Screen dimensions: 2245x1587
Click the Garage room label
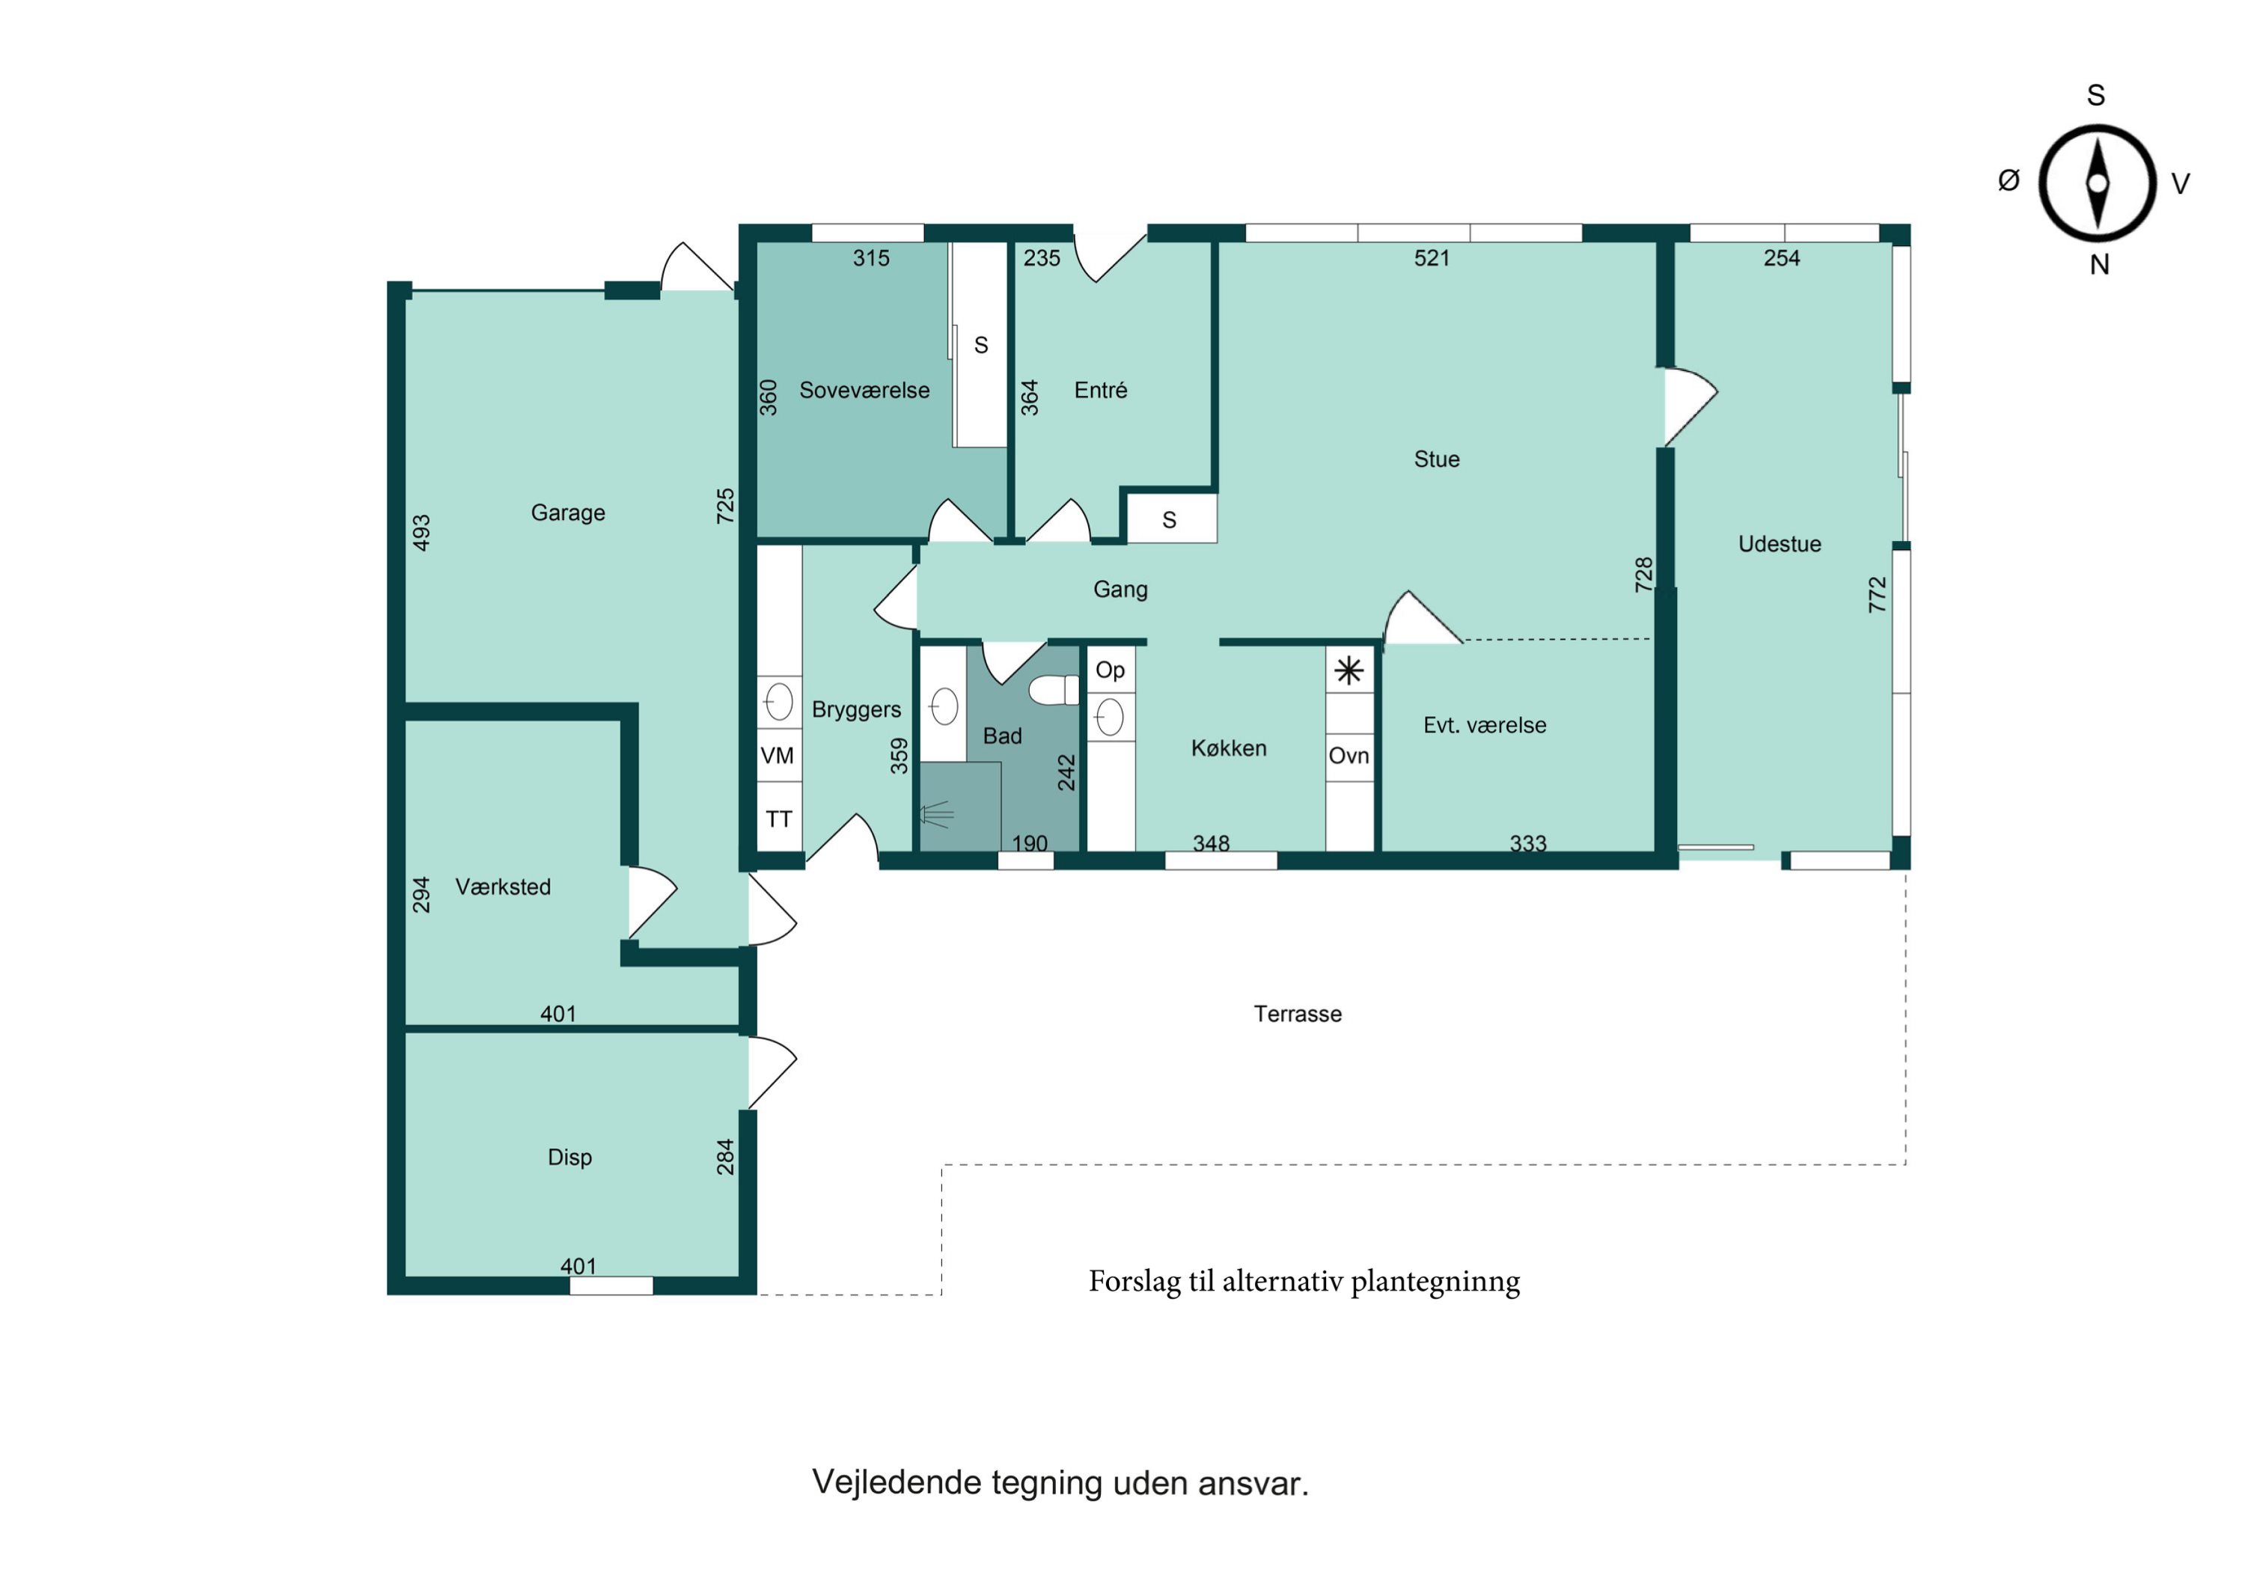(568, 513)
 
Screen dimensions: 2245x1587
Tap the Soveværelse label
(864, 390)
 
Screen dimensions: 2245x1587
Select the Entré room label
(1101, 390)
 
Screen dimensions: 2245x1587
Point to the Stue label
(1436, 459)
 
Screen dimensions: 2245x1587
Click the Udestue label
(1780, 544)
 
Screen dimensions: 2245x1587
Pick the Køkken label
(1229, 748)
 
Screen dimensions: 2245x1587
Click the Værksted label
(504, 887)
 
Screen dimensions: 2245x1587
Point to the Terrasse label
(1298, 1014)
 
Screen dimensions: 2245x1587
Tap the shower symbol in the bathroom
(935, 813)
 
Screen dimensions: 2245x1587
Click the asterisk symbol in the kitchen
(1349, 670)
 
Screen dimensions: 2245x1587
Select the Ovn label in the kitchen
(1349, 756)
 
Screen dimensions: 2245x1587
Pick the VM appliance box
(779, 755)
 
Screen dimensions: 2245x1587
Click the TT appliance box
(779, 818)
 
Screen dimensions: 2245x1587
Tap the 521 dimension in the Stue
(1432, 258)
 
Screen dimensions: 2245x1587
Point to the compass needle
(2098, 183)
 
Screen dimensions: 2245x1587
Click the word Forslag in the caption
(1135, 1282)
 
